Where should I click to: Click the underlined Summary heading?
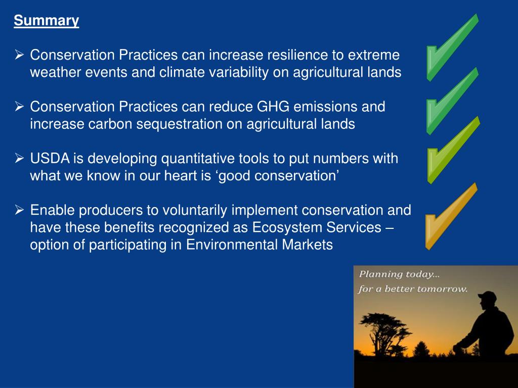coord(46,20)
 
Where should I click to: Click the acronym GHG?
coord(273,107)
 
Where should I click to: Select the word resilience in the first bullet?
coord(297,55)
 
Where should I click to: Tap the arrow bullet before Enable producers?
coord(19,210)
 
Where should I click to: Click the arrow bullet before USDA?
coord(19,158)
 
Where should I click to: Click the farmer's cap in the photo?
coord(487,295)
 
